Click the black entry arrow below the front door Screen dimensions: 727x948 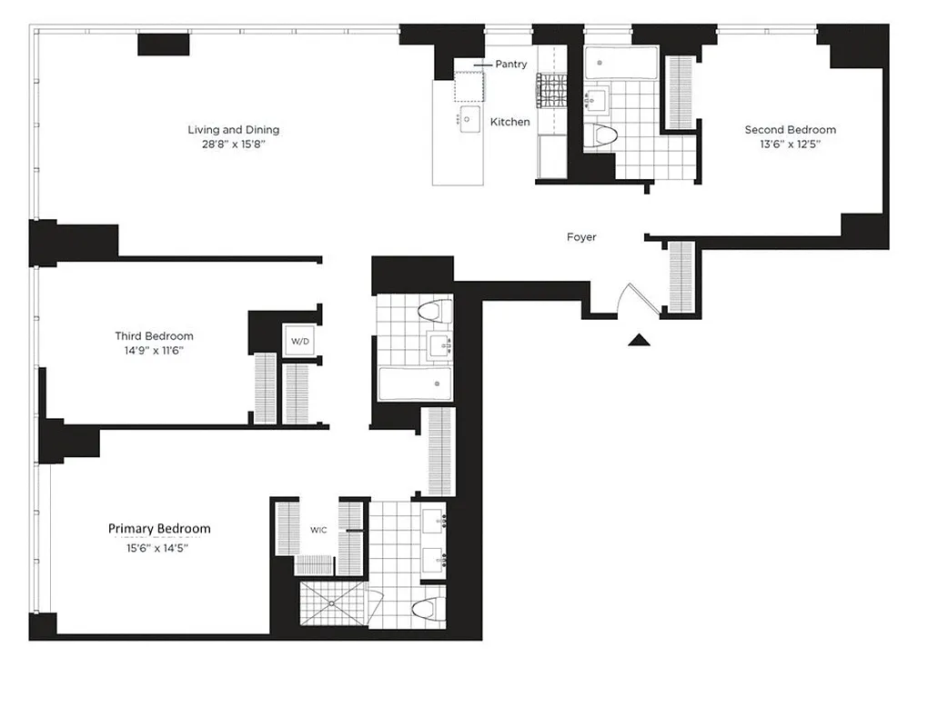tap(640, 341)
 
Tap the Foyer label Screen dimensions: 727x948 tap(581, 237)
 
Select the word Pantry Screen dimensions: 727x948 tap(510, 65)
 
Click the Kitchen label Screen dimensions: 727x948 tap(509, 122)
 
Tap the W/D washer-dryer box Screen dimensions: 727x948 tap(299, 342)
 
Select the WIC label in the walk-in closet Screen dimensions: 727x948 tap(318, 530)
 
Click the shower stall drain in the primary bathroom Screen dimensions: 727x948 tap(331, 602)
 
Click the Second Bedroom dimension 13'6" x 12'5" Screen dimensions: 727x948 tap(790, 144)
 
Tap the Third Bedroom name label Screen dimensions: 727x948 tap(154, 336)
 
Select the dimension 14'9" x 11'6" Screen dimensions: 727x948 tap(154, 350)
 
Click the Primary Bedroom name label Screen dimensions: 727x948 tap(159, 529)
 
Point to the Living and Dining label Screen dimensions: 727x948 tap(233, 130)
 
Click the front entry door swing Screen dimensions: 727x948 tap(630, 299)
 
